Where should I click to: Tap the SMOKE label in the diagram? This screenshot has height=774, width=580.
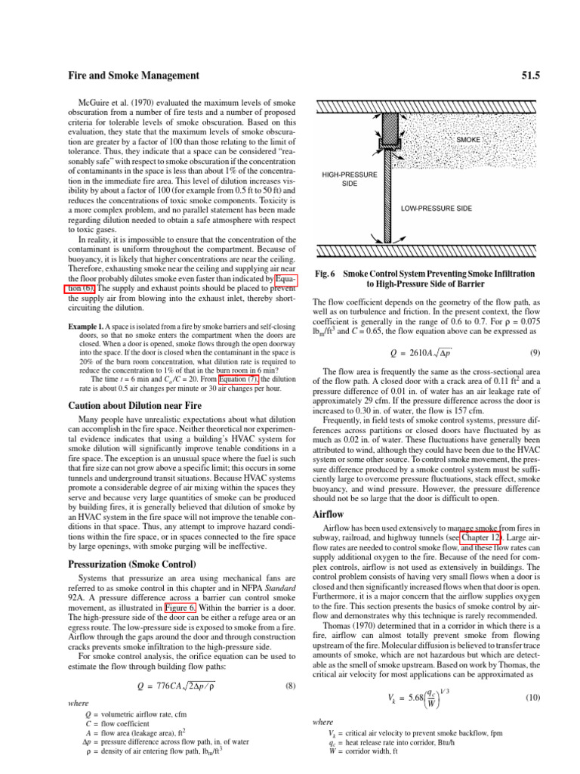(469, 141)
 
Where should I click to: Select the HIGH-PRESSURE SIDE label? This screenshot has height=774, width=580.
(350, 179)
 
